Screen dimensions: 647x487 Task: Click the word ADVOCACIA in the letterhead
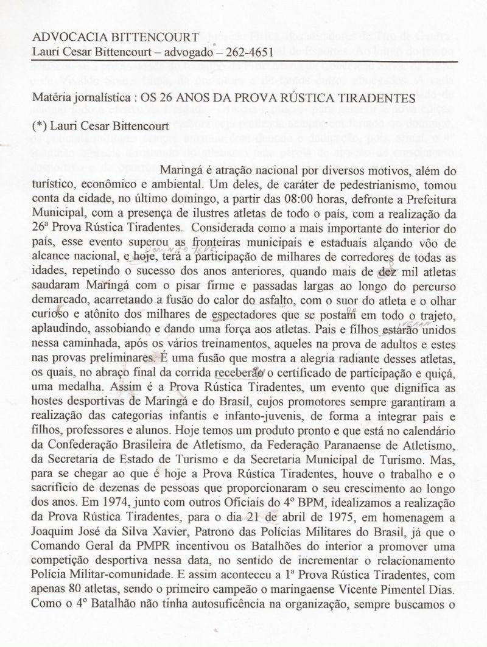coord(63,36)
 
